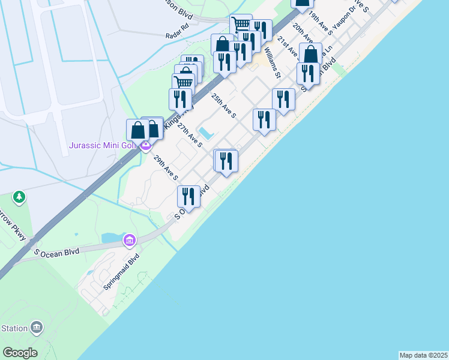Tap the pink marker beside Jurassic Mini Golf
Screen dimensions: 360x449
pyautogui.click(x=145, y=145)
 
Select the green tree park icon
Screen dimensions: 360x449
pyautogui.click(x=19, y=196)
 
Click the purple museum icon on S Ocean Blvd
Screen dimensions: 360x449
pyautogui.click(x=128, y=241)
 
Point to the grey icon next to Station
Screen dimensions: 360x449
pyautogui.click(x=37, y=328)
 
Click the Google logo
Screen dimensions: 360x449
pyautogui.click(x=20, y=353)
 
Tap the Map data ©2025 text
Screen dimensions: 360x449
pyautogui.click(x=423, y=355)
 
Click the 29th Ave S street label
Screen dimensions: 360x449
pyautogui.click(x=166, y=168)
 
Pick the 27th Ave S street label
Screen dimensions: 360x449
pyautogui.click(x=190, y=134)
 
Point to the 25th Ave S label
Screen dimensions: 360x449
pyautogui.click(x=223, y=105)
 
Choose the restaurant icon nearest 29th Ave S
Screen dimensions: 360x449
pyautogui.click(x=188, y=196)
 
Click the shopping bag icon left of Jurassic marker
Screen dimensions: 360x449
pyautogui.click(x=137, y=130)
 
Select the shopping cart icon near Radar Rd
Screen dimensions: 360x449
pyautogui.click(x=240, y=25)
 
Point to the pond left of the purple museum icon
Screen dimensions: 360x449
pyautogui.click(x=112, y=238)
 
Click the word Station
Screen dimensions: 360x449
pyautogui.click(x=14, y=328)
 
